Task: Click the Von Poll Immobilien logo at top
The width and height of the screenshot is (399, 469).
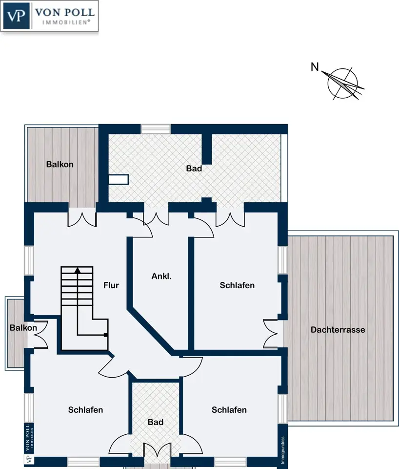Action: click(x=49, y=16)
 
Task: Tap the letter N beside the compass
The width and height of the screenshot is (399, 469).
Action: click(x=315, y=67)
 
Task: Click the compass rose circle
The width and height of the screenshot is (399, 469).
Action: click(x=342, y=83)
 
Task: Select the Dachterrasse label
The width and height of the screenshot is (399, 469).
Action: click(x=338, y=330)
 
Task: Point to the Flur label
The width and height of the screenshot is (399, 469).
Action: click(x=111, y=285)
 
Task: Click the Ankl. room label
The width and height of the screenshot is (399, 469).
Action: click(x=161, y=276)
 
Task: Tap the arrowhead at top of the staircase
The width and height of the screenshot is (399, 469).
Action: click(x=78, y=270)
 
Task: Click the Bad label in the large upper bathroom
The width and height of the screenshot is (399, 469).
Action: click(x=194, y=169)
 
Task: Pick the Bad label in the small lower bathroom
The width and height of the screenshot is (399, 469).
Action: click(x=155, y=422)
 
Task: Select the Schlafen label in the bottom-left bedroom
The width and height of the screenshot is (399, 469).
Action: click(x=85, y=410)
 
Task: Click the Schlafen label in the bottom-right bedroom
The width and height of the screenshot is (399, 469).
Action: click(x=229, y=410)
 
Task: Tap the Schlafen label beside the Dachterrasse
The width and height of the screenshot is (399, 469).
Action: click(x=237, y=285)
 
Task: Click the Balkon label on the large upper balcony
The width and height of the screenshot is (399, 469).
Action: click(x=60, y=164)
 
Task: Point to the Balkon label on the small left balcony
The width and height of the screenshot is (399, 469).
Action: click(x=23, y=327)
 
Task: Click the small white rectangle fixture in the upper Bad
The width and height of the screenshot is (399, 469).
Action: click(x=118, y=179)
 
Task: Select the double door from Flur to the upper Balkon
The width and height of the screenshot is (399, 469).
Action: click(x=82, y=219)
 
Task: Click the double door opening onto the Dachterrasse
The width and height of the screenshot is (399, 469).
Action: click(x=271, y=334)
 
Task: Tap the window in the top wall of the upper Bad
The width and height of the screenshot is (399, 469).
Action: click(x=156, y=129)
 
